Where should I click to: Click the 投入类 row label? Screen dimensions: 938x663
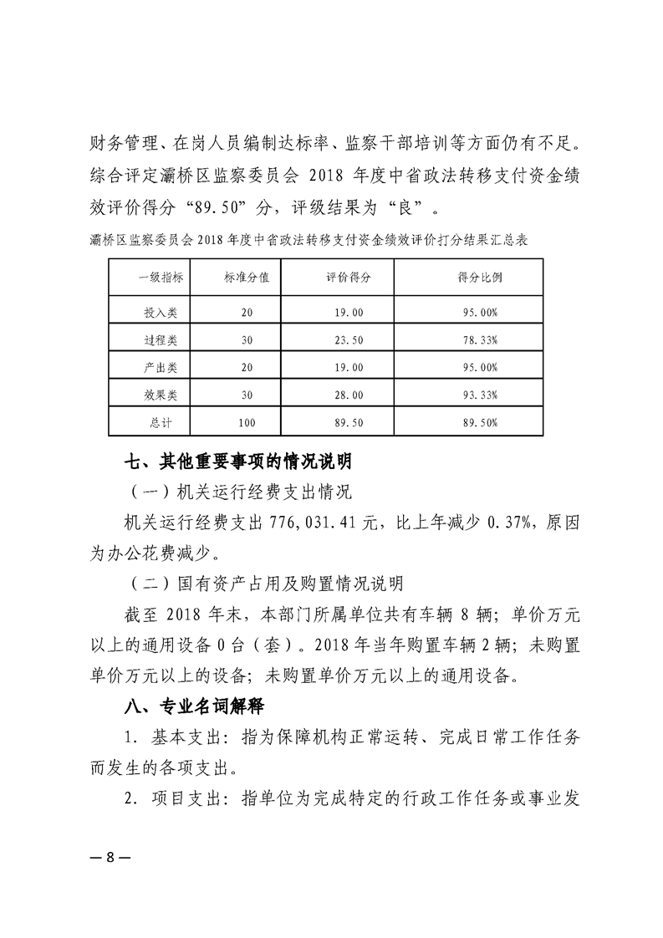pyautogui.click(x=161, y=312)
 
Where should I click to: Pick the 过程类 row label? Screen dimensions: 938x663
pyautogui.click(x=161, y=340)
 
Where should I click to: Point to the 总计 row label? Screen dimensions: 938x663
pyautogui.click(x=161, y=423)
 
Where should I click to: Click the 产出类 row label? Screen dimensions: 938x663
pyautogui.click(x=161, y=368)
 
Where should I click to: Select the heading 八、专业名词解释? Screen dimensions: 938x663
pyautogui.click(x=193, y=706)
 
